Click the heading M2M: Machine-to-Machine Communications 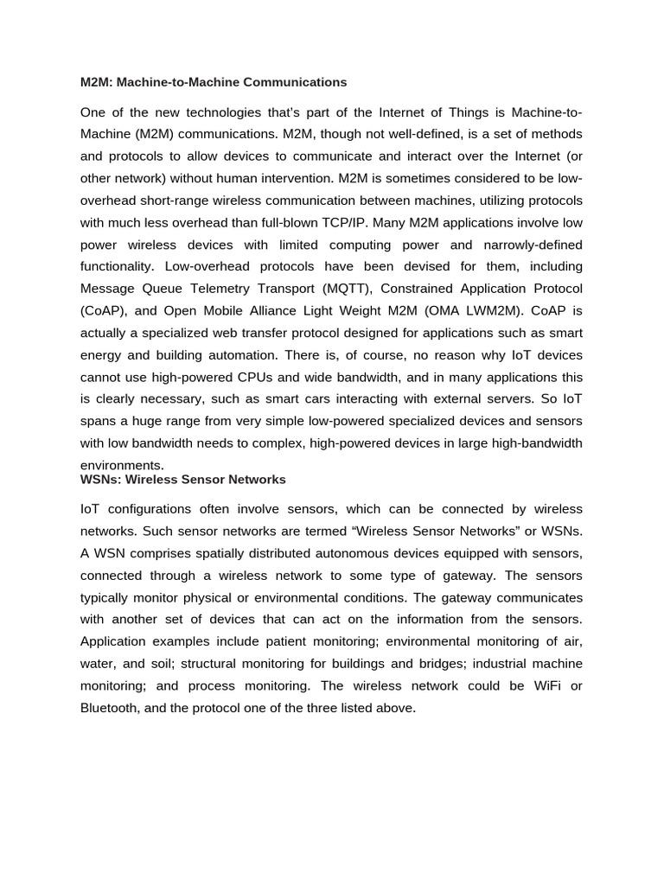pos(214,82)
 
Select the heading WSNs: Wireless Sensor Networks pos(182,479)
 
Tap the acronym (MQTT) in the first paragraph pos(343,288)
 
